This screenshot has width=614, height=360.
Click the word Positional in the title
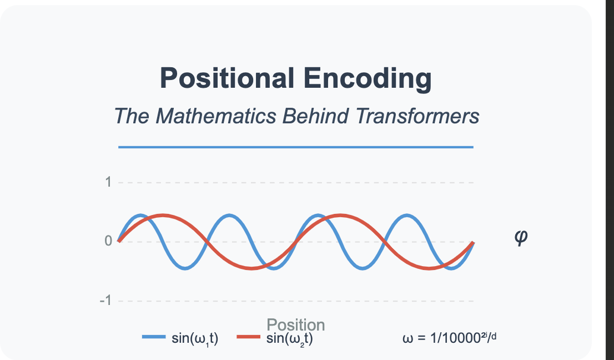click(227, 78)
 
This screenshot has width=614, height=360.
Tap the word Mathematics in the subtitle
click(216, 116)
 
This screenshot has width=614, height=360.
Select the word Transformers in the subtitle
click(417, 116)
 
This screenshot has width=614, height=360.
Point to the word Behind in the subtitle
click(316, 116)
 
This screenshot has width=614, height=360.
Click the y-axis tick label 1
click(108, 182)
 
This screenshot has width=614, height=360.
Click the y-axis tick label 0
click(108, 241)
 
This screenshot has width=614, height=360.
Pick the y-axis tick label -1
click(105, 301)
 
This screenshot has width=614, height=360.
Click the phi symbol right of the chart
click(521, 237)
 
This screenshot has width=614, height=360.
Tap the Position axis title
click(296, 325)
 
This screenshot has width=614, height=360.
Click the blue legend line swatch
click(154, 337)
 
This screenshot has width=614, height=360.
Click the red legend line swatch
click(249, 337)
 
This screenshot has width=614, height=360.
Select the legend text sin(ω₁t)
click(195, 338)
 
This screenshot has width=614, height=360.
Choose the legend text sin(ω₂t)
click(290, 338)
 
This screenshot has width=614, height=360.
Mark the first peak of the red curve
click(163, 215)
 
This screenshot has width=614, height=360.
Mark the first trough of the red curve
click(251, 268)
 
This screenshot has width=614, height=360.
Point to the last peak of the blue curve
click(407, 215)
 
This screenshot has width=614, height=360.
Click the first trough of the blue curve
click(185, 268)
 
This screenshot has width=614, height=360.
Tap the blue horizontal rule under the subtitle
click(296, 147)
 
